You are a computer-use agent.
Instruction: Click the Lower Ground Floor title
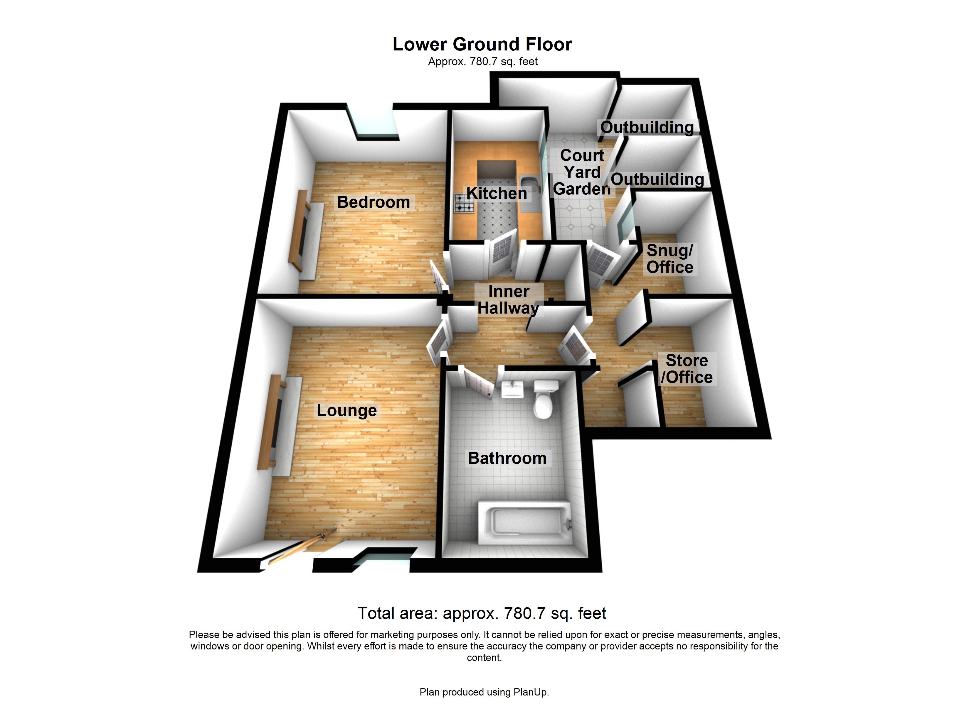tap(482, 44)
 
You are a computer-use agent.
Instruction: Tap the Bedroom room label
tap(374, 202)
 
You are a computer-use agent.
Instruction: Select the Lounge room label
tap(346, 410)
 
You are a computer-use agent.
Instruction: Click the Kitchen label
tap(497, 193)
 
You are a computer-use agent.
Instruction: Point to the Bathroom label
tap(507, 458)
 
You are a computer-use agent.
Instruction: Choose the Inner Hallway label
tap(508, 300)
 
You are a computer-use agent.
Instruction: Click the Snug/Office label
tap(669, 259)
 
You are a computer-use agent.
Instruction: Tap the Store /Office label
tap(687, 369)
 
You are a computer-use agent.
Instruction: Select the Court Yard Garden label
tap(582, 172)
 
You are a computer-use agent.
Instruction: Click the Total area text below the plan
tap(482, 613)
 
